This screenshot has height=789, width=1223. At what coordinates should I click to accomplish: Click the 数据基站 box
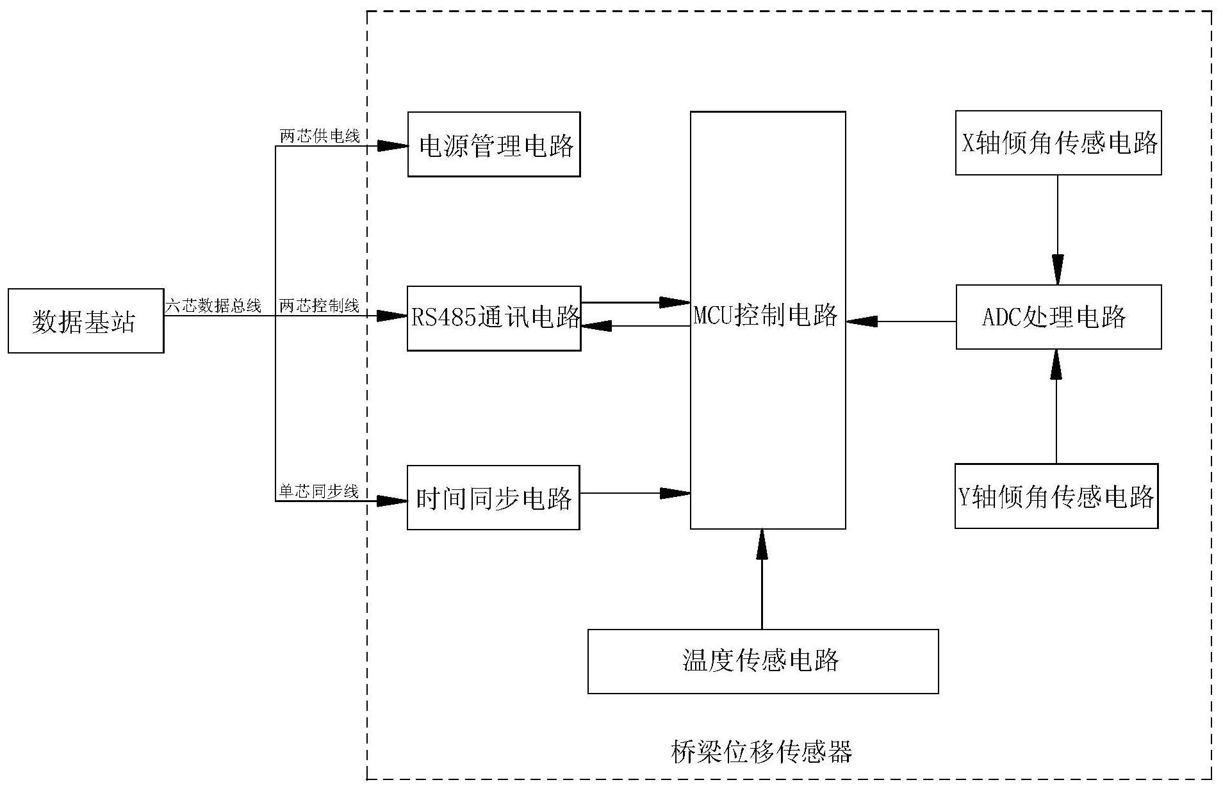[85, 321]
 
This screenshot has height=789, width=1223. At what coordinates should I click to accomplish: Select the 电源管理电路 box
[494, 145]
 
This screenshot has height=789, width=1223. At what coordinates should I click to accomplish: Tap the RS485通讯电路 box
[494, 318]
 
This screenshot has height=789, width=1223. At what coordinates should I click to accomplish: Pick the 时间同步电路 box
[493, 498]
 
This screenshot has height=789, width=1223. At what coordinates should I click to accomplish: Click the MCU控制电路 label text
[766, 316]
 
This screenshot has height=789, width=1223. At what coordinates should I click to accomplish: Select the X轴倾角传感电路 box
[1058, 143]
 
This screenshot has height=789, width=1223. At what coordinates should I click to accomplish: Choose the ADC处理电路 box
[1058, 317]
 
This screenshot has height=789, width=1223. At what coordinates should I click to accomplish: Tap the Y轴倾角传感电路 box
[1056, 496]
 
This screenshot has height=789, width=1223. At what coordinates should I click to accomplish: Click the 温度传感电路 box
[762, 661]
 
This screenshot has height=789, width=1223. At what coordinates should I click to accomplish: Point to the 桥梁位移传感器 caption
[761, 752]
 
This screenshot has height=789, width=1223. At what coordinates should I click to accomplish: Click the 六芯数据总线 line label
[213, 306]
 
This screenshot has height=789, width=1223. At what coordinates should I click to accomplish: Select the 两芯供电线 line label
[319, 136]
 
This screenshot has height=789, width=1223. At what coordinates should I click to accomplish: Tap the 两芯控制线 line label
[319, 306]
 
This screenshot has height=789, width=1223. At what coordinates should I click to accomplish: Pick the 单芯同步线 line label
[319, 491]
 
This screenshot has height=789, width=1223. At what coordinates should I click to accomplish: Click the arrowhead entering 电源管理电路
[392, 147]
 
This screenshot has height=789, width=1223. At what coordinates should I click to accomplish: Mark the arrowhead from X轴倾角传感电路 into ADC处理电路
[1057, 269]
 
